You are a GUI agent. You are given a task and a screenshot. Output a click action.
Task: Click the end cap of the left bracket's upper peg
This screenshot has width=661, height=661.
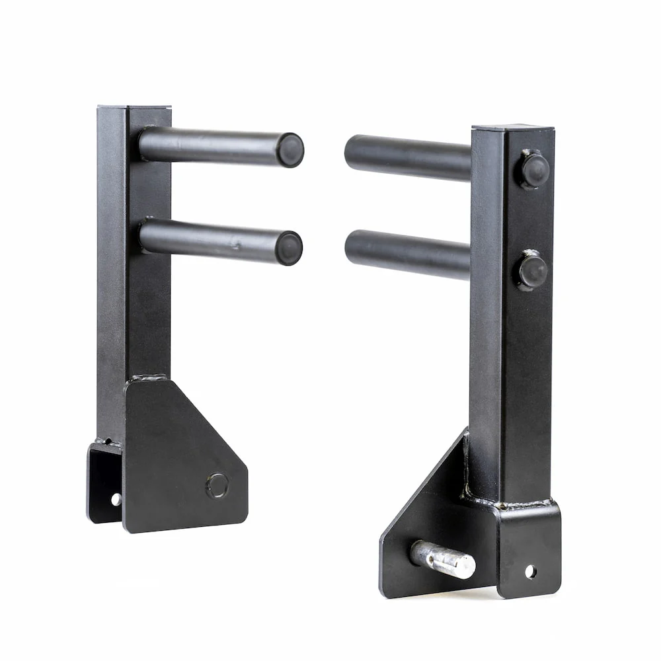pos(290,150)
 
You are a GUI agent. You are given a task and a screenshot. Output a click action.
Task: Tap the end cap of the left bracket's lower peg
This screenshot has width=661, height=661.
pos(289,248)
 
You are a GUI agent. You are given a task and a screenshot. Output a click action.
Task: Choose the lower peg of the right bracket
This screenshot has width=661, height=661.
pos(407,253)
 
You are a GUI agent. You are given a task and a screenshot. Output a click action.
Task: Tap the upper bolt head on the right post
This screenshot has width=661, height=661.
pos(533,169)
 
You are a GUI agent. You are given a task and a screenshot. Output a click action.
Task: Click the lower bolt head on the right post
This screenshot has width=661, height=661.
pos(533,270)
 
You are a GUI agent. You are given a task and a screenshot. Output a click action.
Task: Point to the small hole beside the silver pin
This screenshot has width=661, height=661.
pos(530,571)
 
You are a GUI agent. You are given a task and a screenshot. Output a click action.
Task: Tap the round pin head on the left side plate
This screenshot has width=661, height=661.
pos(217,486)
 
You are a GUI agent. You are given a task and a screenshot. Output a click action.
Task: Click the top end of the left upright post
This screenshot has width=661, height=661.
pos(134,107)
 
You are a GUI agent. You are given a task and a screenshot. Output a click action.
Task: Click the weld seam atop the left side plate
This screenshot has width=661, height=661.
pos(147,378)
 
